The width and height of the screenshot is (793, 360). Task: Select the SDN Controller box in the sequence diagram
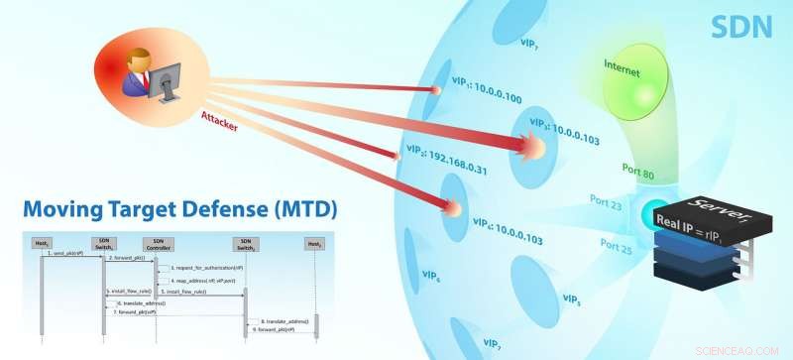pos(155,243)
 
